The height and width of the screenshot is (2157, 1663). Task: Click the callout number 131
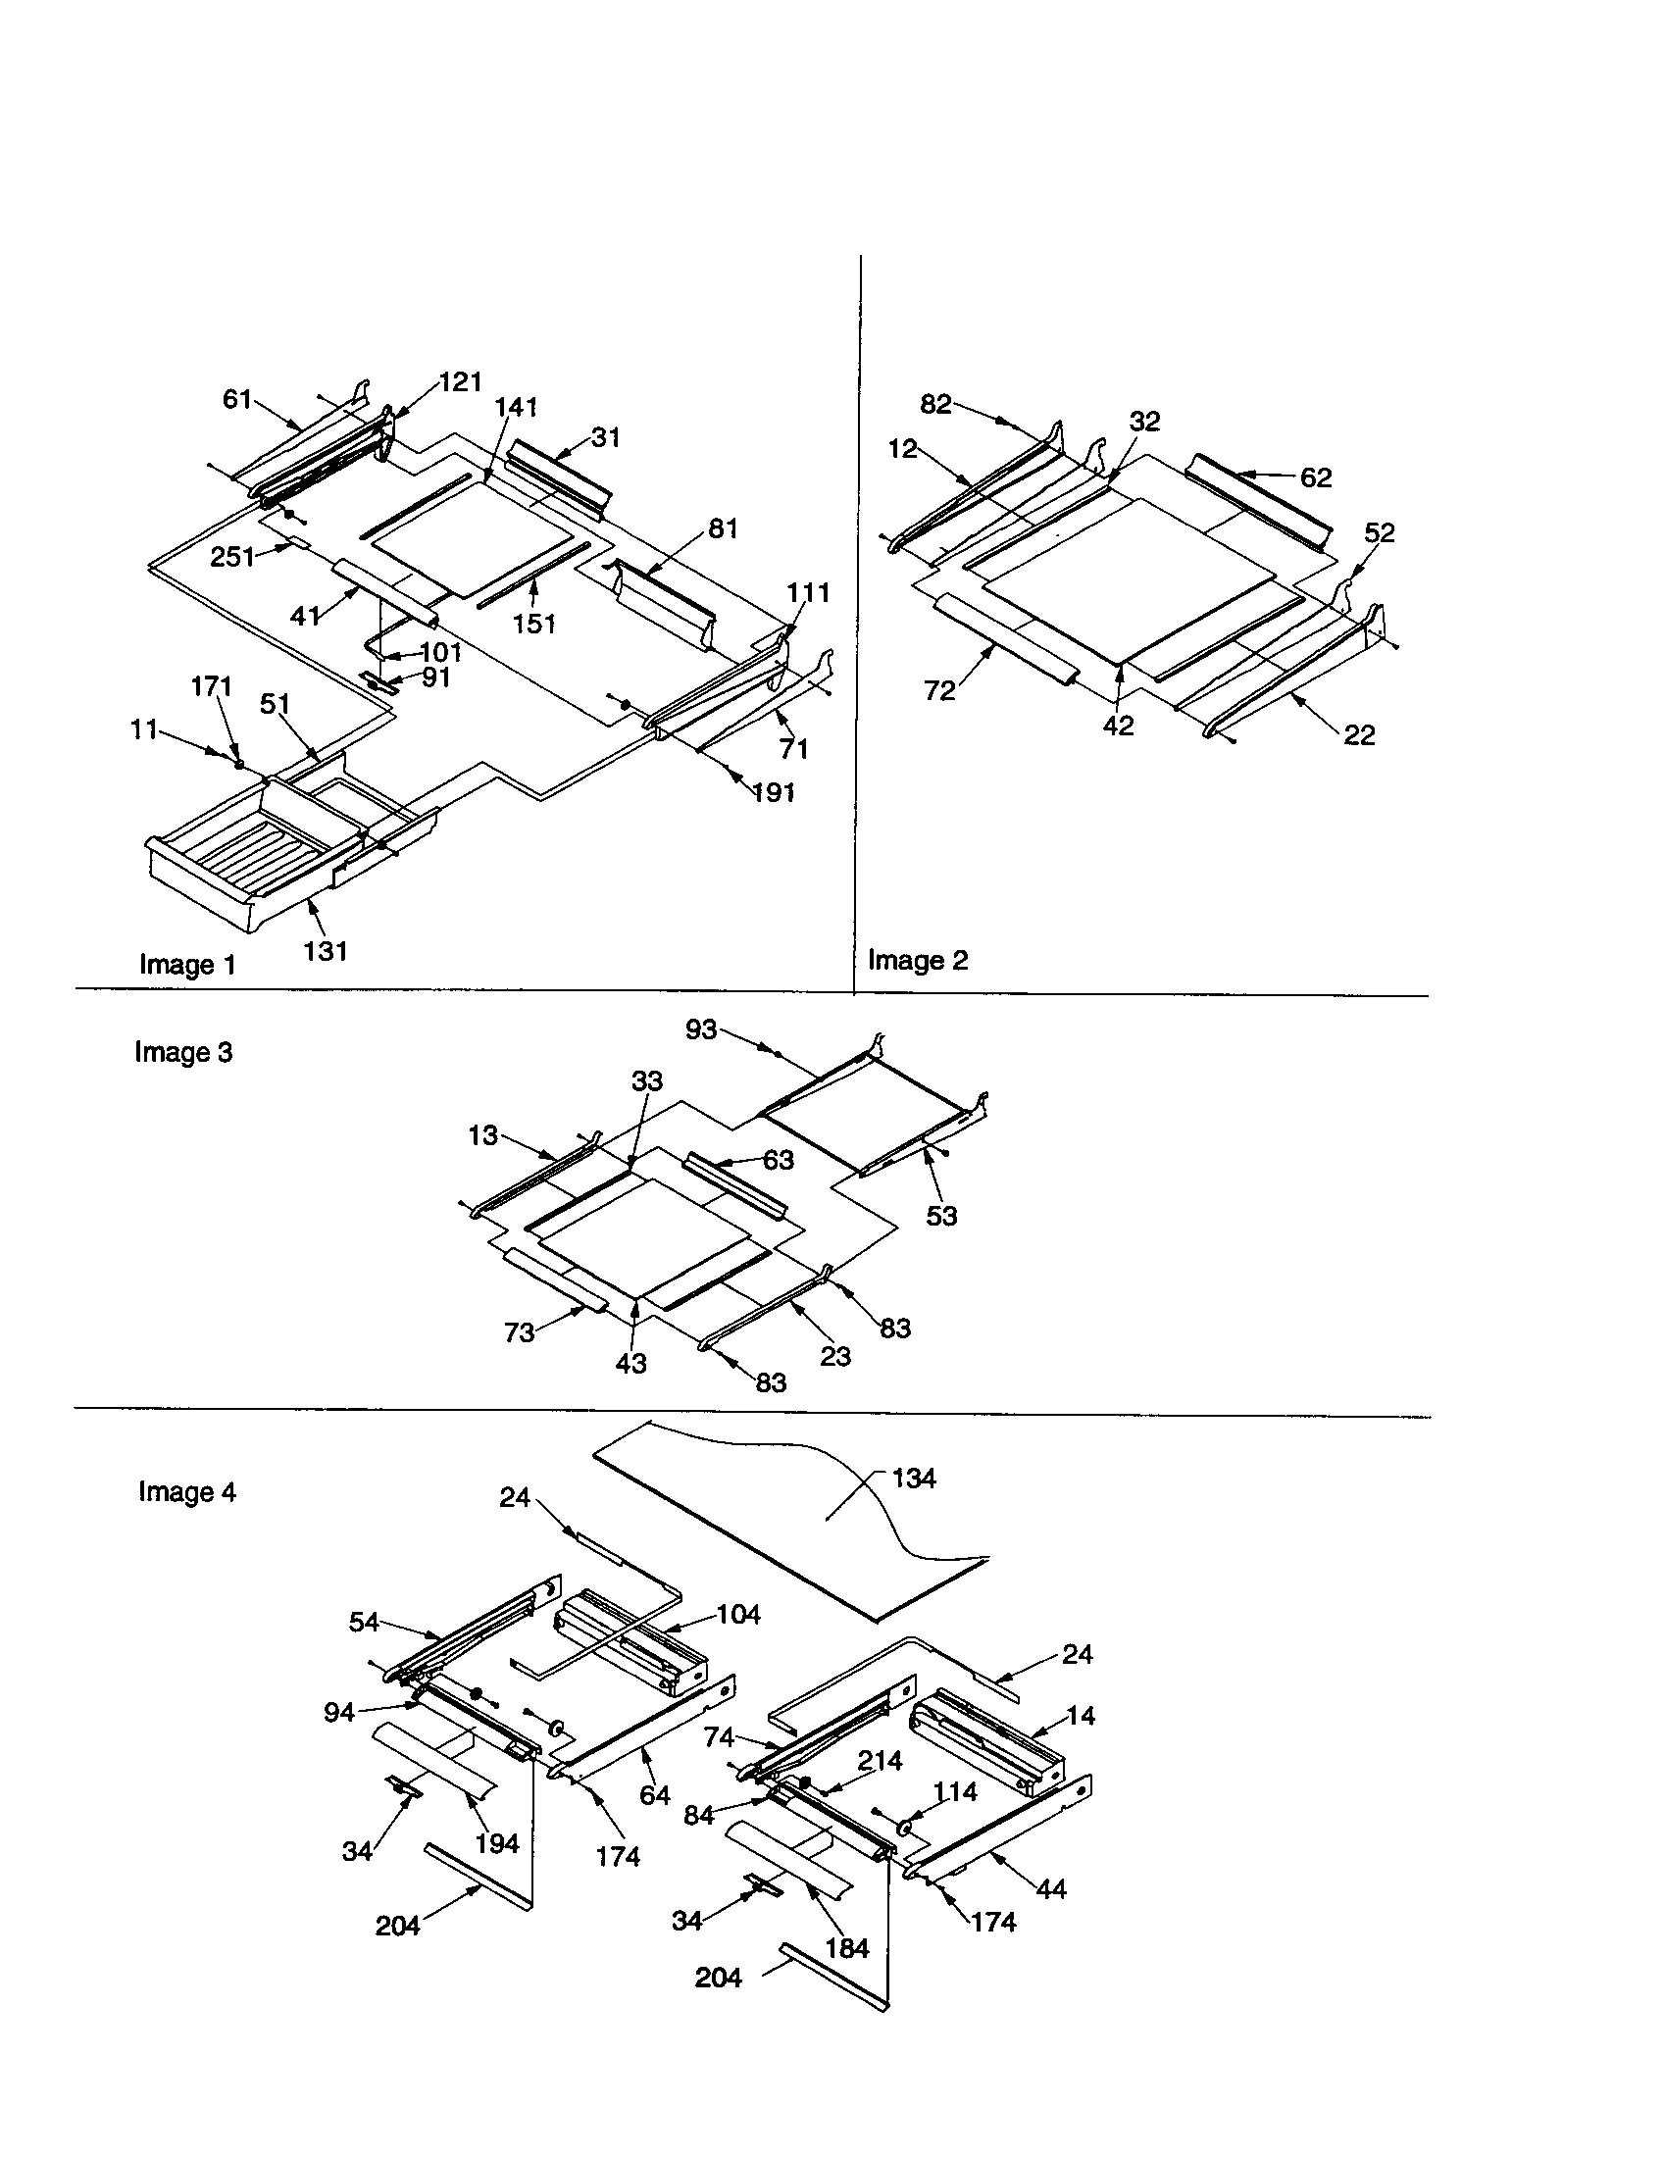coord(325,951)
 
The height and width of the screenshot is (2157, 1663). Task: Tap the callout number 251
coord(232,557)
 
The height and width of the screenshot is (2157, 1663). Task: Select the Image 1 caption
coord(187,965)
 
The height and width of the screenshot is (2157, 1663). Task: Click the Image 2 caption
coord(918,960)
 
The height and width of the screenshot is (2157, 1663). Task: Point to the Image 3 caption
coord(183,1053)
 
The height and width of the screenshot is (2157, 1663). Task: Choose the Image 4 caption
coord(186,1492)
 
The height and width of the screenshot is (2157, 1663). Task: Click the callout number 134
coord(914,1479)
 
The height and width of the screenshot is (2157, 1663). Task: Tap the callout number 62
coord(1315,478)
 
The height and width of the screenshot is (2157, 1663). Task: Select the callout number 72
coord(939,691)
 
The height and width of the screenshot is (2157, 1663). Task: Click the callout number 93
coord(701,1030)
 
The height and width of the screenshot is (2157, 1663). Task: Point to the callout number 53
coord(941,1216)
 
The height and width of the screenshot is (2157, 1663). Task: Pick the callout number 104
coord(737,1615)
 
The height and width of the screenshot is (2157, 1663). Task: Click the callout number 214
coord(879,1761)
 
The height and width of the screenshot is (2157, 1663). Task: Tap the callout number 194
coord(497,1843)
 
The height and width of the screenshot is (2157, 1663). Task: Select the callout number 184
coord(846,1947)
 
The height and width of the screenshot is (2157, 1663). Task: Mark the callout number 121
coord(460,382)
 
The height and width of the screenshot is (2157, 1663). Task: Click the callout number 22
coord(1359,734)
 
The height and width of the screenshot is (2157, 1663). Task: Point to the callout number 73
coord(519,1332)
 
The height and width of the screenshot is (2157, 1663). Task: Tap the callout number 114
coord(955,1791)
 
